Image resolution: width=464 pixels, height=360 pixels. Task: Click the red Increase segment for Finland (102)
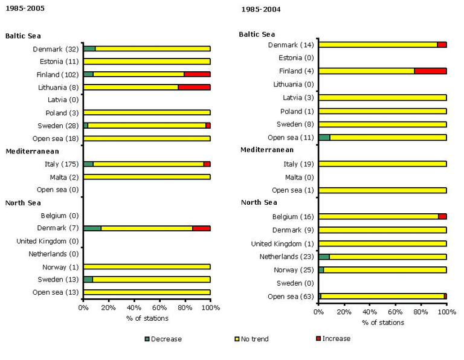[197, 74]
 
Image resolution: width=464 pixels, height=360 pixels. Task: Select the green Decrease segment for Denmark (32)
[89, 48]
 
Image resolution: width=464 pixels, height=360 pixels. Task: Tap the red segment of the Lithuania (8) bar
[194, 87]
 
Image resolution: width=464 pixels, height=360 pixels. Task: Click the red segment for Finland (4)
[430, 71]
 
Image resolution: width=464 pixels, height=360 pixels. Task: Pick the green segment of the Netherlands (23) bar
[324, 256]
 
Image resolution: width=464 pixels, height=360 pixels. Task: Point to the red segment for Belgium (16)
[442, 216]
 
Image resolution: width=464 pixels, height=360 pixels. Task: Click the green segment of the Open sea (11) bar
[324, 137]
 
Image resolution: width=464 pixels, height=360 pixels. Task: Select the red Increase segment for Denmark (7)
[201, 228]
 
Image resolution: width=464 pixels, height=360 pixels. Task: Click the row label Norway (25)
[294, 269]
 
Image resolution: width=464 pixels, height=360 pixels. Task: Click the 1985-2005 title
[24, 8]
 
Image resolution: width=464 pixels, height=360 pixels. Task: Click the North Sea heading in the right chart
[259, 202]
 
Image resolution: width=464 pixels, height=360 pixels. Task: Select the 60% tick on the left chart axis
[159, 307]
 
